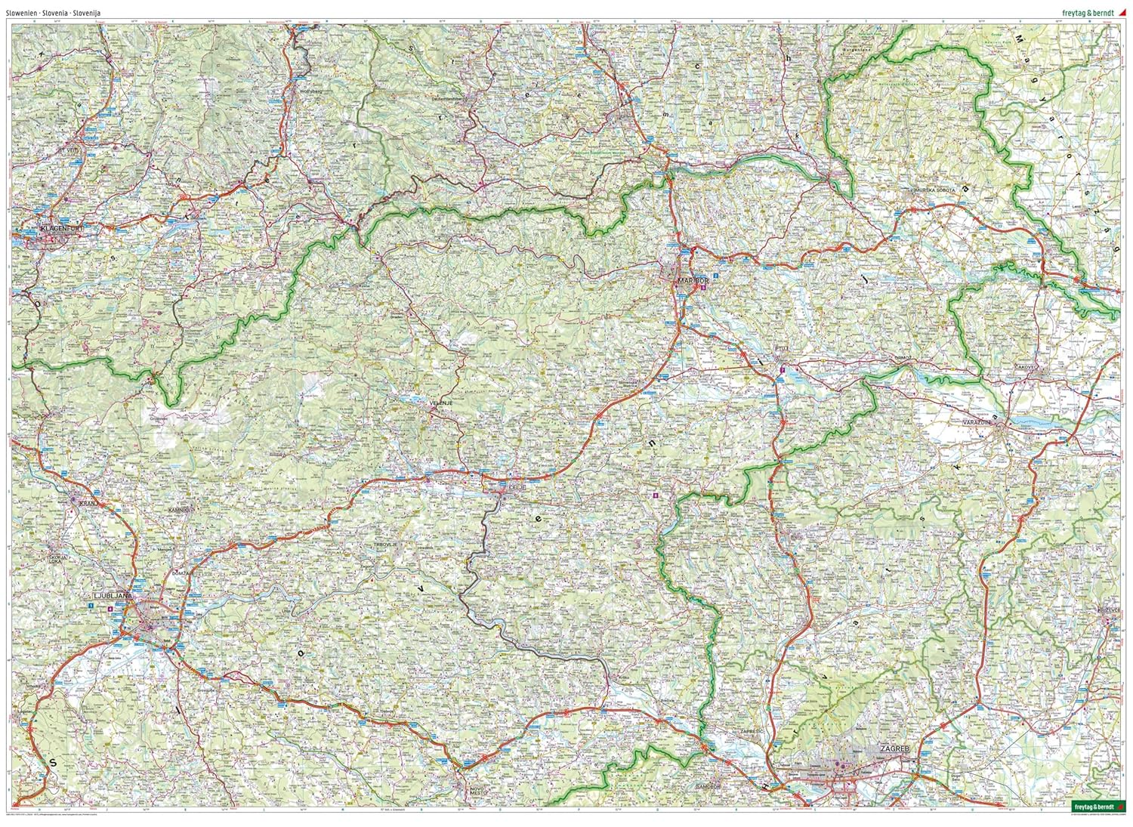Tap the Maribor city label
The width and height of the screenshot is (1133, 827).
(x=689, y=281)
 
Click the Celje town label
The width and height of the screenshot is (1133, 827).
(x=517, y=489)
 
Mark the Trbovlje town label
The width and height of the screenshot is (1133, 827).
(x=385, y=545)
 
